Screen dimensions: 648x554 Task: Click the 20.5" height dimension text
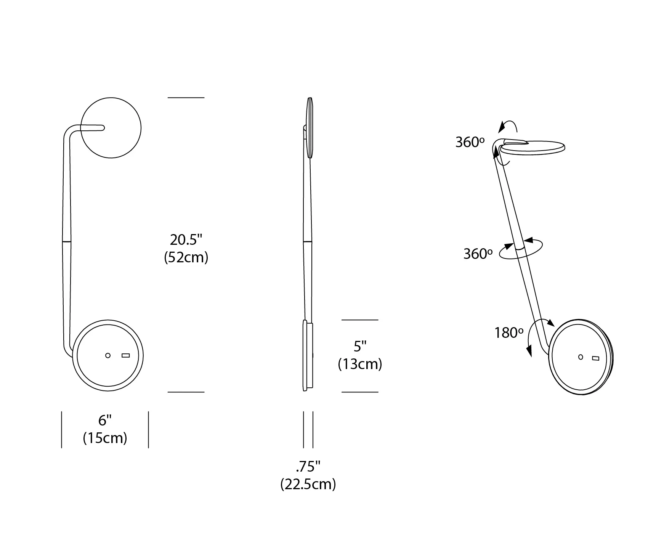(186, 240)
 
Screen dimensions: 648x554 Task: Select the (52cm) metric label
(186, 258)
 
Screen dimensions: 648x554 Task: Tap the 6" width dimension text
(105, 421)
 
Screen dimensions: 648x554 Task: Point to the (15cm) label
(105, 438)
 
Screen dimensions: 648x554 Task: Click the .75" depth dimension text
(308, 467)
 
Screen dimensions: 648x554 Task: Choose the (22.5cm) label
(308, 484)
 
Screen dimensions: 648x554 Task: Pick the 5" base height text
(360, 347)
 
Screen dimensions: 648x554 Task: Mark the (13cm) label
(360, 364)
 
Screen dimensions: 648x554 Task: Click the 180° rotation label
(509, 333)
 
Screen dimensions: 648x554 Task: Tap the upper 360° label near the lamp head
(470, 142)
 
